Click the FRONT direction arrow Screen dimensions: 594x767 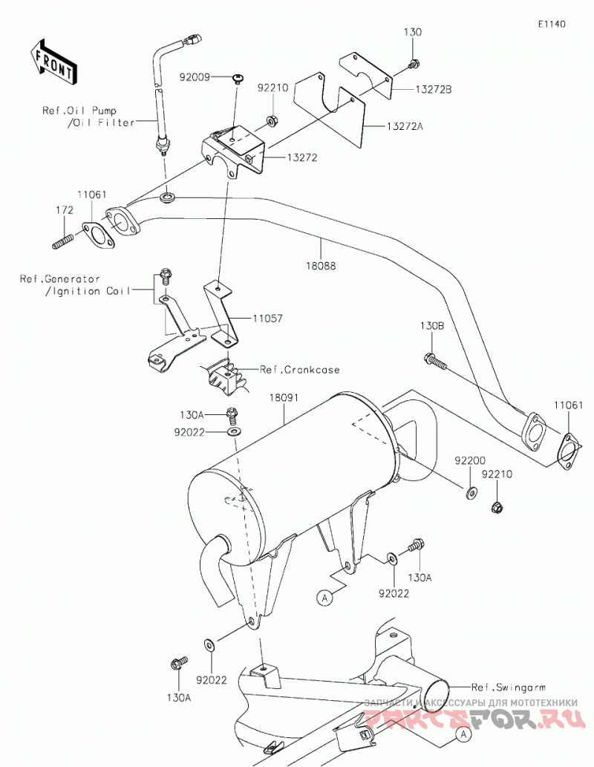click(x=53, y=62)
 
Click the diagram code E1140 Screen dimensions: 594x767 click(x=552, y=24)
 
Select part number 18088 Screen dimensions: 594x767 click(x=321, y=266)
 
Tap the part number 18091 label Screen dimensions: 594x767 click(x=284, y=398)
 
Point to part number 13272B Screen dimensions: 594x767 click(x=434, y=90)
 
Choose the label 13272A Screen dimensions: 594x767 click(x=405, y=126)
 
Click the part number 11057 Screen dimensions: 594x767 click(x=267, y=319)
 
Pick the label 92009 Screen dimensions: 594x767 click(x=195, y=77)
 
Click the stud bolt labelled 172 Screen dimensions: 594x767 click(x=62, y=241)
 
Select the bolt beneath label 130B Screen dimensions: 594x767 click(x=434, y=361)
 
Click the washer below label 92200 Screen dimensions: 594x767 click(x=471, y=492)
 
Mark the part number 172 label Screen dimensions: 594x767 click(x=65, y=210)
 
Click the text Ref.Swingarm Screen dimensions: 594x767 click(x=509, y=688)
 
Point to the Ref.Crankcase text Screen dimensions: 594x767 click(x=299, y=370)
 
